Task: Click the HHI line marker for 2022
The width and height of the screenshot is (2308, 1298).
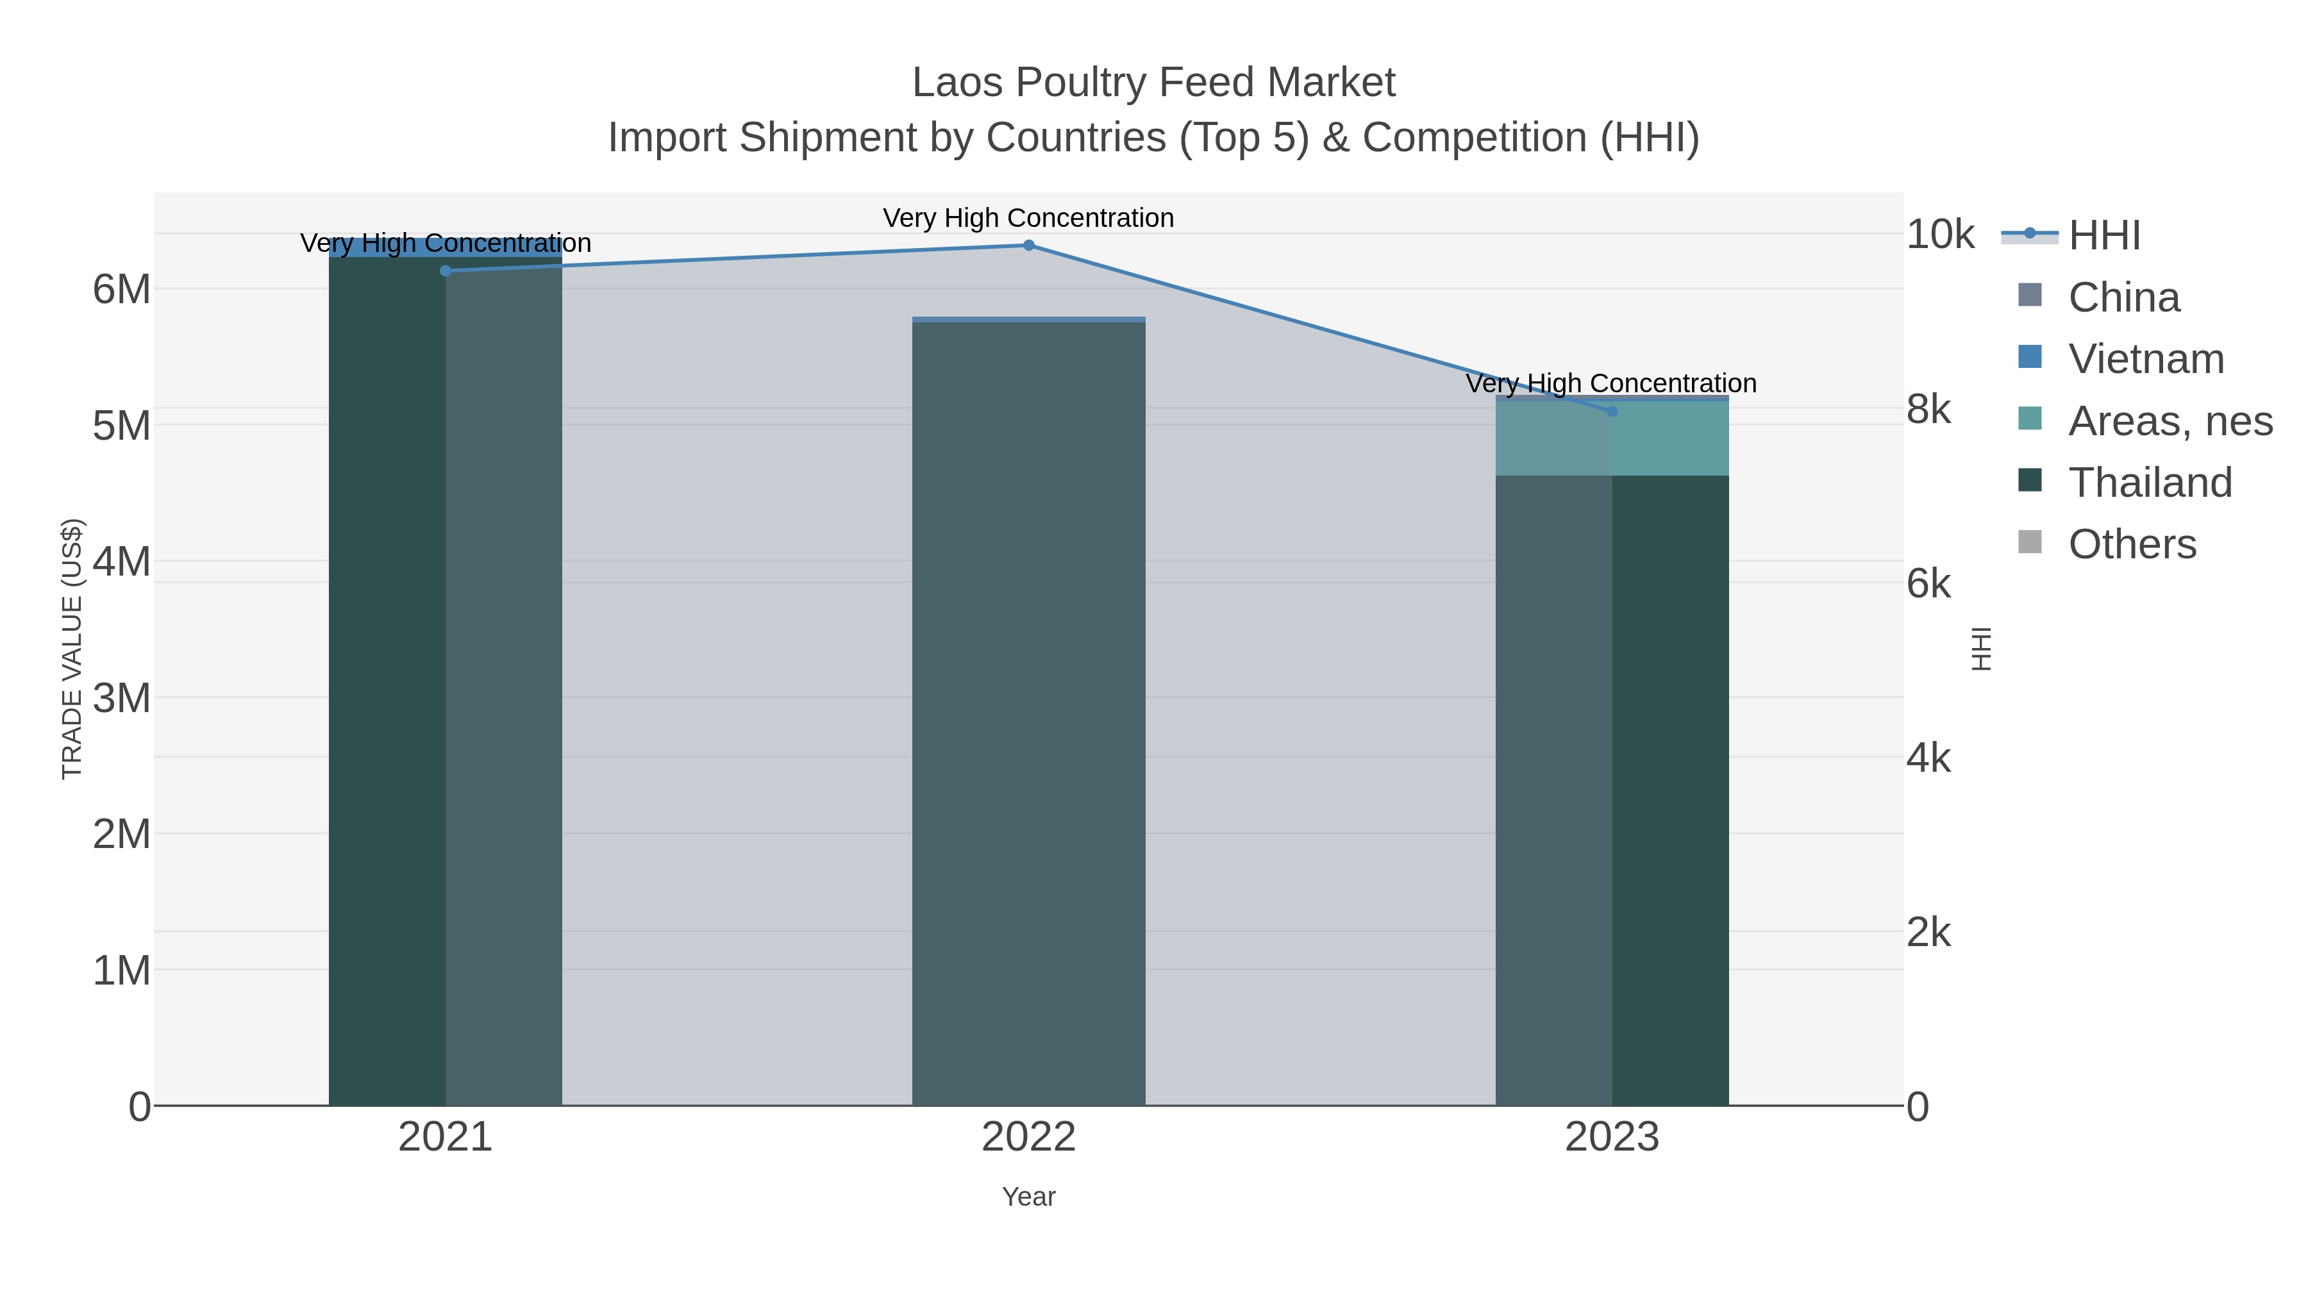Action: pyautogui.click(x=1028, y=245)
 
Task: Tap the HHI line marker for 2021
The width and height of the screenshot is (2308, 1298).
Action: pyautogui.click(x=446, y=270)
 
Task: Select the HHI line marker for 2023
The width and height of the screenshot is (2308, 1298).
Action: pyautogui.click(x=1612, y=411)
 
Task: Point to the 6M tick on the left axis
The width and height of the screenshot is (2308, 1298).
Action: pyautogui.click(x=122, y=289)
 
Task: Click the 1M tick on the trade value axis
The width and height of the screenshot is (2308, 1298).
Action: pyautogui.click(x=122, y=970)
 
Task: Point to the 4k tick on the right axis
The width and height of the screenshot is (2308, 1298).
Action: pyautogui.click(x=1928, y=759)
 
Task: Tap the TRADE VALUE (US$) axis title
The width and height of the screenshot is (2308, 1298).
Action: pyautogui.click(x=72, y=649)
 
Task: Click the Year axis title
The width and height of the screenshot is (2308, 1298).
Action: pyautogui.click(x=1028, y=1197)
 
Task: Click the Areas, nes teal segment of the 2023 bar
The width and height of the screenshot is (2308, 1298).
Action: pyautogui.click(x=1670, y=439)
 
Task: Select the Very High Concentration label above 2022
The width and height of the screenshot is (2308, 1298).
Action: pyautogui.click(x=1028, y=218)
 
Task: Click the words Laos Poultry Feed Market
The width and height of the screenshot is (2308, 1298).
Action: pyautogui.click(x=1153, y=83)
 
